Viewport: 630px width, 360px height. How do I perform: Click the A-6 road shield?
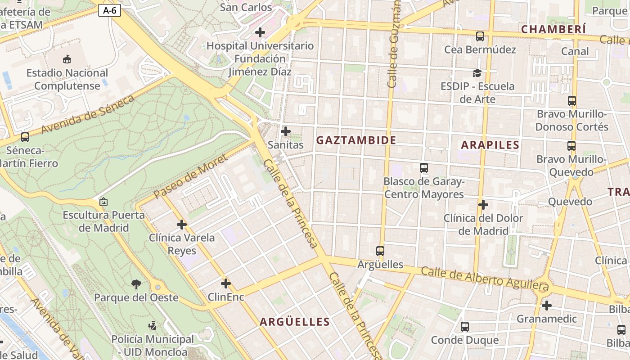(110, 10)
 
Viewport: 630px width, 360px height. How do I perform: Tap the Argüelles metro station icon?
(380, 251)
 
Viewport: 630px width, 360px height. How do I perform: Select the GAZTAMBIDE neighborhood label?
(356, 140)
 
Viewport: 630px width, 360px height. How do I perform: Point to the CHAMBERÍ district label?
(553, 29)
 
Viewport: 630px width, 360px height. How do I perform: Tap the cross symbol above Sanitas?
(285, 131)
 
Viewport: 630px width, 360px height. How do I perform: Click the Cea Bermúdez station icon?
(480, 36)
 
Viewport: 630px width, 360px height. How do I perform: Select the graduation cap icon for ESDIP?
(477, 73)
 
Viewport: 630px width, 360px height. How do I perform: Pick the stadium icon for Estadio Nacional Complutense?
(67, 59)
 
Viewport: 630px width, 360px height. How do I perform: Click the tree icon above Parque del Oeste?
(136, 284)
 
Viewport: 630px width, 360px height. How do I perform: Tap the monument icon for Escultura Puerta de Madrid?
(103, 202)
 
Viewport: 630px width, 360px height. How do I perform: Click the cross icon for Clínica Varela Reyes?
(182, 224)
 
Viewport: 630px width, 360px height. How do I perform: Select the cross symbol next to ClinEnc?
(226, 283)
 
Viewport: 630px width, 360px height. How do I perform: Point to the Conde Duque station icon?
(465, 327)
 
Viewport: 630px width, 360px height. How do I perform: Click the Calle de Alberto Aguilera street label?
(485, 278)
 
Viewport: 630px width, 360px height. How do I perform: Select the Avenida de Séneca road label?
(87, 115)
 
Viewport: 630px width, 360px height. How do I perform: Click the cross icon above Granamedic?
(546, 306)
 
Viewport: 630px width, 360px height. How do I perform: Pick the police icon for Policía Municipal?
(153, 325)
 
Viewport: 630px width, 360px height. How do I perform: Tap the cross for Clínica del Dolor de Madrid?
(483, 205)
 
